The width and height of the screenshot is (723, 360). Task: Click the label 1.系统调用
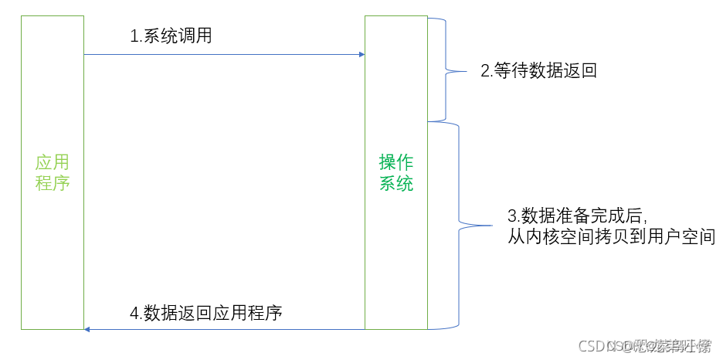171,36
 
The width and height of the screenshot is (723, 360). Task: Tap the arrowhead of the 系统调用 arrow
361,54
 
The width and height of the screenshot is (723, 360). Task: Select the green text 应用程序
53,172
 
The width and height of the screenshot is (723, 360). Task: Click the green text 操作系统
396,172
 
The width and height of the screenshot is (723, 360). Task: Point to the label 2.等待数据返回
539,71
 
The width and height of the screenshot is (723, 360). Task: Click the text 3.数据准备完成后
576,215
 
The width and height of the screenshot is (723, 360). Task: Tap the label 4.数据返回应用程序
206,313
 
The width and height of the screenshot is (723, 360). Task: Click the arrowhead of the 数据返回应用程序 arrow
88,330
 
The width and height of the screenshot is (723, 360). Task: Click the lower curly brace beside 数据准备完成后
462,226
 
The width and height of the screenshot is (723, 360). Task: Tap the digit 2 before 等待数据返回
485,71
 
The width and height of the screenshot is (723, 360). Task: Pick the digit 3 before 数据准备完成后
511,215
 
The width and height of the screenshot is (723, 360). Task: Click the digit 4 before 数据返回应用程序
134,313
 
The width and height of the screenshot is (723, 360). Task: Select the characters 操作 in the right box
396,162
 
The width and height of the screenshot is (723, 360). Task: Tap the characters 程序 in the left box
53,183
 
